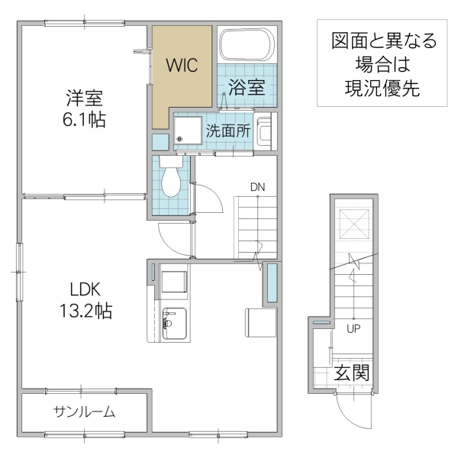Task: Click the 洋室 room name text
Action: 84,98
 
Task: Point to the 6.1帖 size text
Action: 84,120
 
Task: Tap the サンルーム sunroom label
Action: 84,412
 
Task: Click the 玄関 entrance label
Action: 352,374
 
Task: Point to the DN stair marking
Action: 258,185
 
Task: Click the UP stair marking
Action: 353,330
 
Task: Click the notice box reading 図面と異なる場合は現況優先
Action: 376,65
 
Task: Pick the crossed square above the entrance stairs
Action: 353,224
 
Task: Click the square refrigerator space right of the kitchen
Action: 260,321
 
